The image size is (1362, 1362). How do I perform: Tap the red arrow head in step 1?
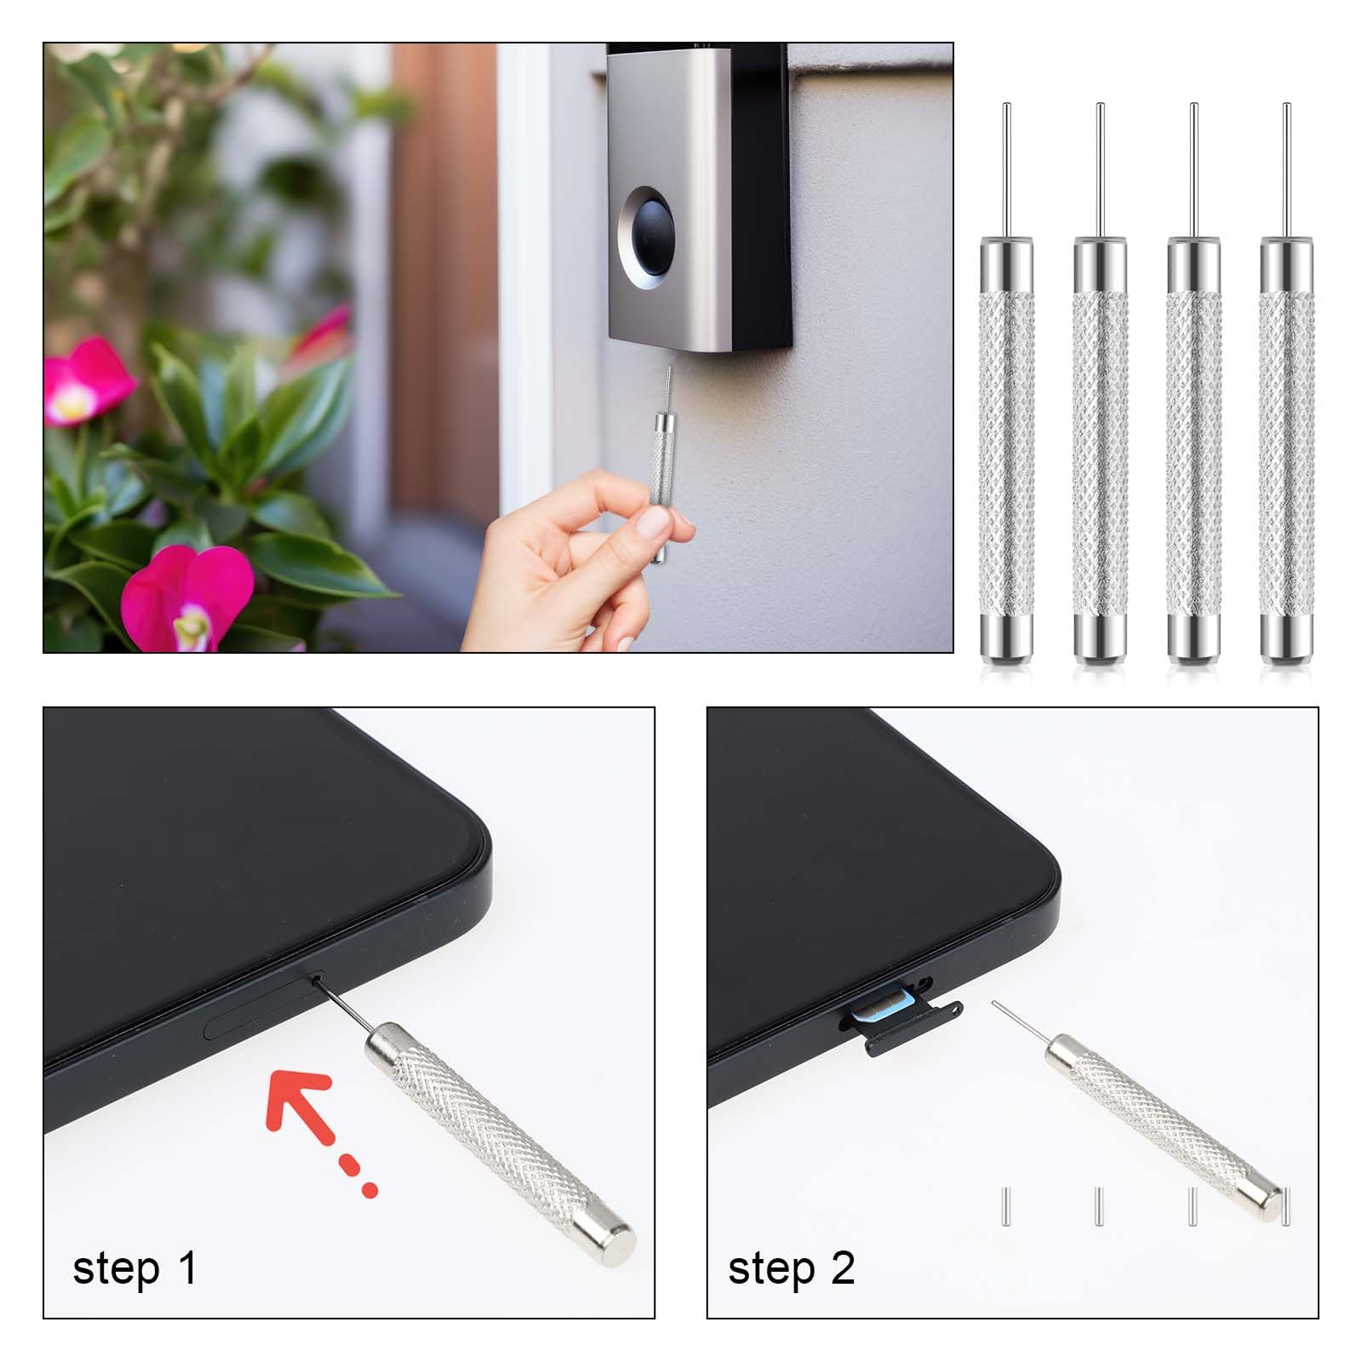point(294,1098)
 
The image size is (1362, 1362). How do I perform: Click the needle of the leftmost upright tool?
point(1007,170)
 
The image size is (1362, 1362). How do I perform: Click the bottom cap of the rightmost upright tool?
point(1286,638)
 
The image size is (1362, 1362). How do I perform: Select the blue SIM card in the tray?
point(885,1010)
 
